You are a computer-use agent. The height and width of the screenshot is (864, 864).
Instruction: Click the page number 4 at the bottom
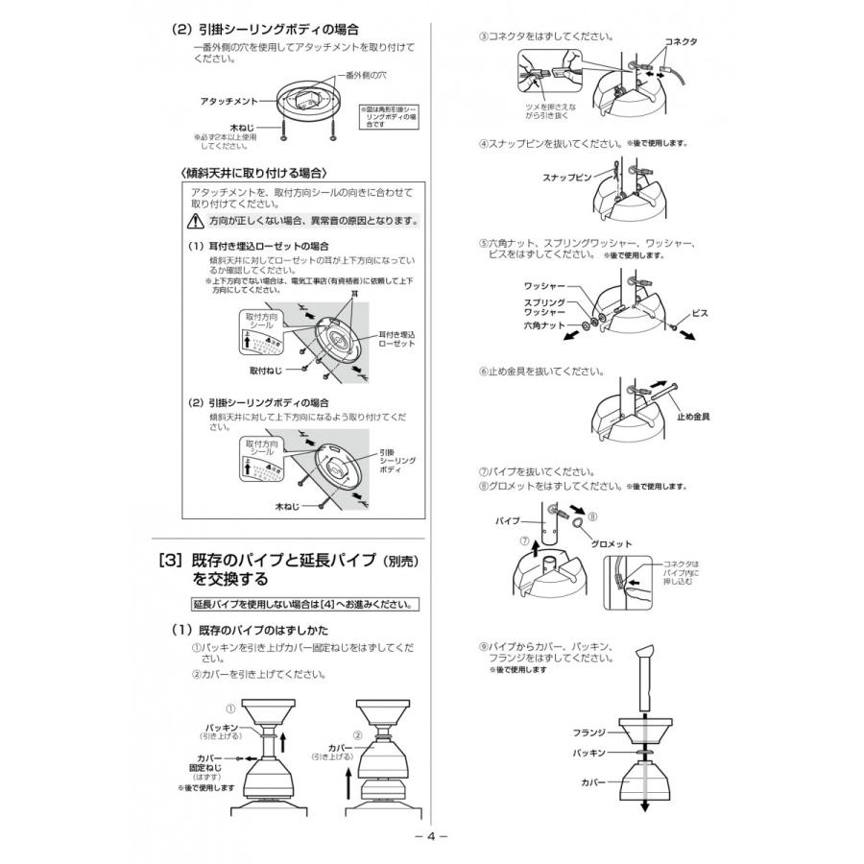pyautogui.click(x=431, y=835)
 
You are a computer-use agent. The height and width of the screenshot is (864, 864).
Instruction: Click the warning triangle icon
pyautogui.click(x=196, y=221)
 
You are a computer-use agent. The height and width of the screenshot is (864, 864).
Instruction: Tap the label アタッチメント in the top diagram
pyautogui.click(x=228, y=100)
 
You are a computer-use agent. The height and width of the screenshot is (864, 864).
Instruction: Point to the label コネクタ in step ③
pyautogui.click(x=681, y=43)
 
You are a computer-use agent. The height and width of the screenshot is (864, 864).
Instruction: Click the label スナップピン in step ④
pyautogui.click(x=566, y=179)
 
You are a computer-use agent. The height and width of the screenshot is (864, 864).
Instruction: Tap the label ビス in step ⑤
pyautogui.click(x=700, y=313)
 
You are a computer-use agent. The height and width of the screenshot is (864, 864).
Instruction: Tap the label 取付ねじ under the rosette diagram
pyautogui.click(x=266, y=370)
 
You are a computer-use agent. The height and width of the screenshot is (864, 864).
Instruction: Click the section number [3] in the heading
pyautogui.click(x=170, y=561)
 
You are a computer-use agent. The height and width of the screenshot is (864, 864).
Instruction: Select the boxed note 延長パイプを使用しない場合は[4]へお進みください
pyautogui.click(x=304, y=605)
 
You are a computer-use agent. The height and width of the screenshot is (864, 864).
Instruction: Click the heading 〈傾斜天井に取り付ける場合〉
pyautogui.click(x=255, y=173)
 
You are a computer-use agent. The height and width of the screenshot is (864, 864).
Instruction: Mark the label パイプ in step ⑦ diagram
pyautogui.click(x=508, y=519)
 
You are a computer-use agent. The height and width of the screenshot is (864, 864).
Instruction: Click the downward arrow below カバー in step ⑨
pyautogui.click(x=644, y=804)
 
